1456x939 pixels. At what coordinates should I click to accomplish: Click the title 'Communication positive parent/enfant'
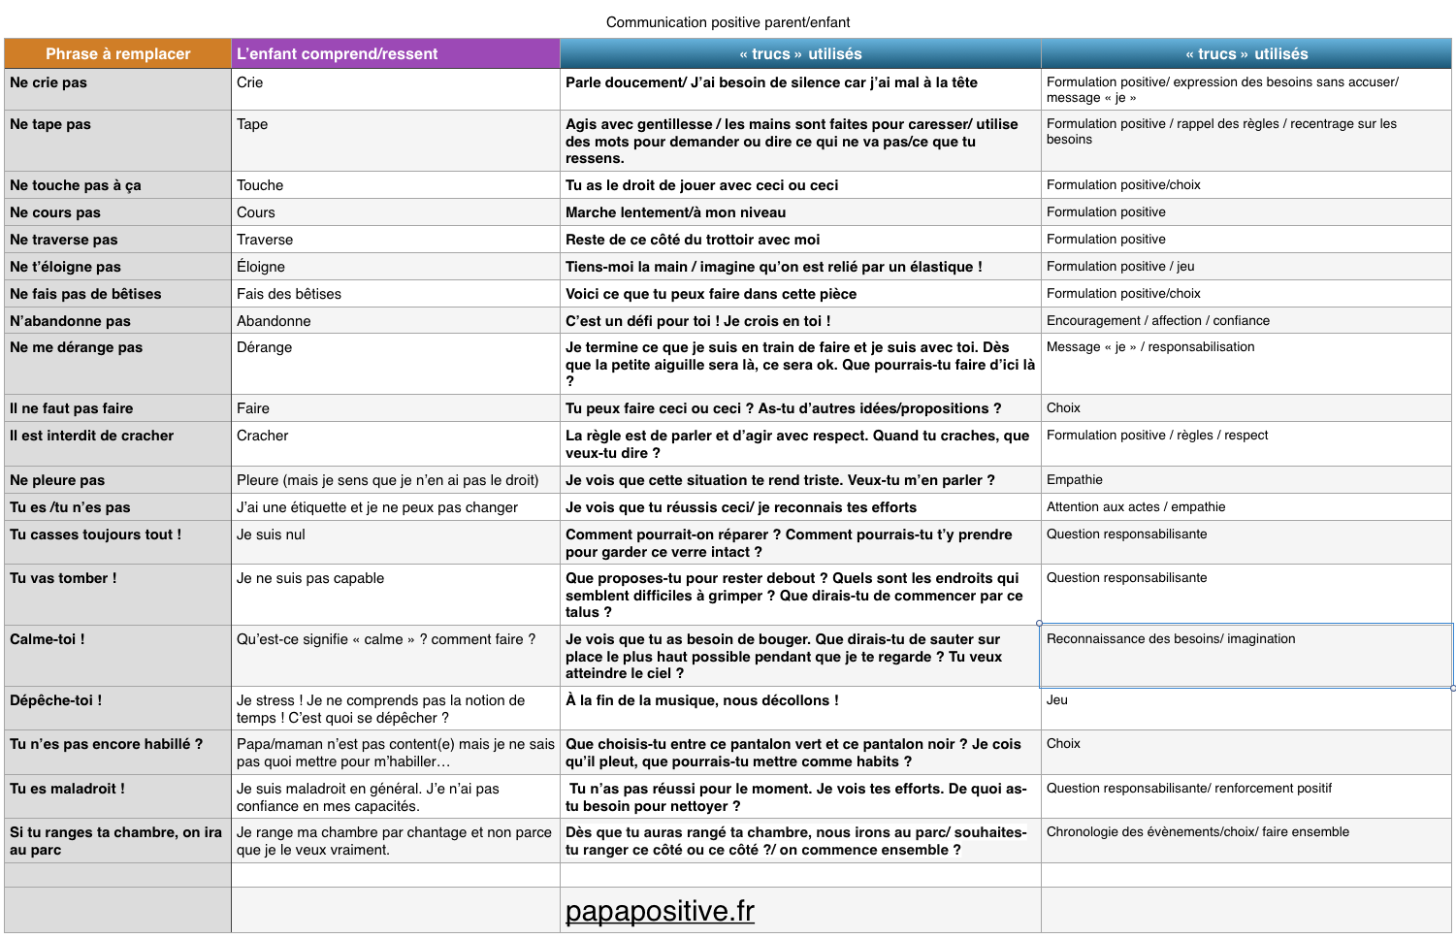click(x=728, y=22)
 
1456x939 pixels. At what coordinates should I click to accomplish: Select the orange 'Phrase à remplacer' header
click(x=117, y=54)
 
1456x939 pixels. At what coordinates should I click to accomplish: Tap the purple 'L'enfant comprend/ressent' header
click(x=337, y=54)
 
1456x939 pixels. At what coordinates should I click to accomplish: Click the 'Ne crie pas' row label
click(x=49, y=82)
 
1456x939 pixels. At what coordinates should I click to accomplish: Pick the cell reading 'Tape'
click(x=252, y=124)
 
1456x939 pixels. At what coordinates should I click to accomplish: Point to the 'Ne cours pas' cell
click(x=55, y=212)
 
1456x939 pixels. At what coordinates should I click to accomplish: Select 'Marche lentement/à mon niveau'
click(x=675, y=212)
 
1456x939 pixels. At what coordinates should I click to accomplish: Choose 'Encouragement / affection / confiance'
click(x=1157, y=320)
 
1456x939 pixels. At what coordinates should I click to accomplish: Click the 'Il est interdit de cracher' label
click(x=92, y=436)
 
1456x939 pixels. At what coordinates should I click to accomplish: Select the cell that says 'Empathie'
click(x=1074, y=479)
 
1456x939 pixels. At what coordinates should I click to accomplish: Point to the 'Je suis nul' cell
click(x=271, y=534)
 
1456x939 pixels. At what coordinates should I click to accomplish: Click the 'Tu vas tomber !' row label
click(x=63, y=578)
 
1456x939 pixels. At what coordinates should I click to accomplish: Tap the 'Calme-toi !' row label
click(x=48, y=639)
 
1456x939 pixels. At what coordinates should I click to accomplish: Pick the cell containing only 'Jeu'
click(x=1056, y=699)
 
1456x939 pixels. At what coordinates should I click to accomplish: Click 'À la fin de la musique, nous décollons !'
click(x=701, y=700)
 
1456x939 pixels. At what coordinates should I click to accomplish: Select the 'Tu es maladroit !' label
click(x=67, y=789)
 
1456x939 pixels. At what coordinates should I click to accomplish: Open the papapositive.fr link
click(x=660, y=911)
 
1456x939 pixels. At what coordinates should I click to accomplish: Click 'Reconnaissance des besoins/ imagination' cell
click(x=1170, y=638)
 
